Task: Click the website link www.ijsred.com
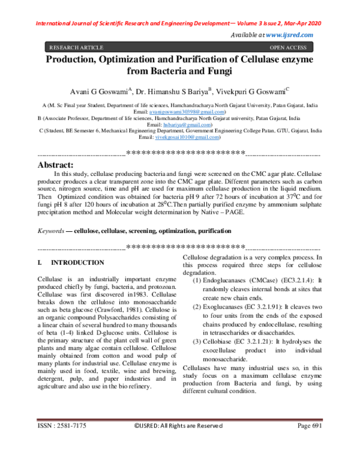[289, 36]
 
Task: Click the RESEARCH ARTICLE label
[76, 46]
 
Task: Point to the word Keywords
[50, 231]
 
